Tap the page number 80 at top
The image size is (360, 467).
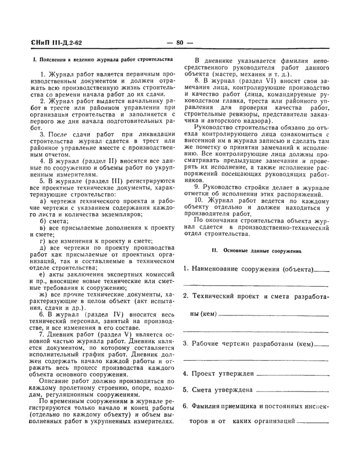coord(179,42)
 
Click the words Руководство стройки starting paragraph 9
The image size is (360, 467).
coord(230,188)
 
